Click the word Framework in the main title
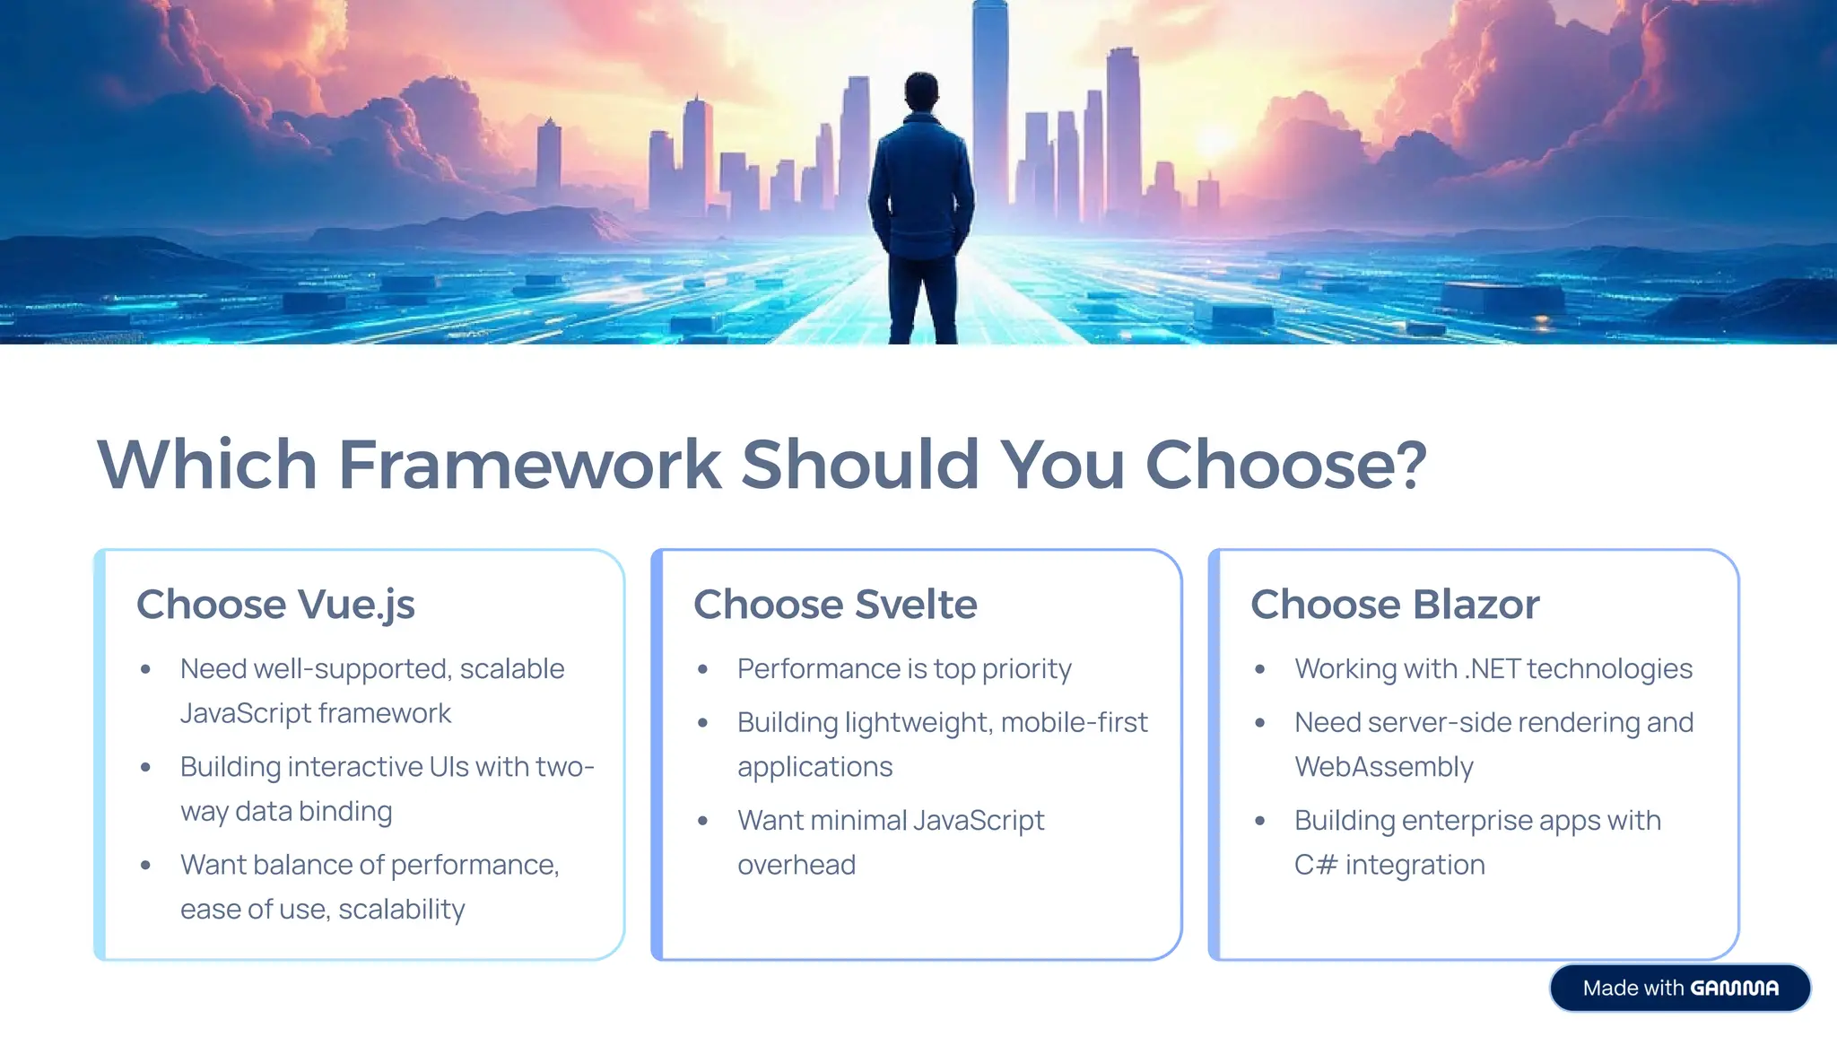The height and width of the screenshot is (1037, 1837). coord(529,465)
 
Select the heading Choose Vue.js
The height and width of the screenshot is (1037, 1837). coord(275,605)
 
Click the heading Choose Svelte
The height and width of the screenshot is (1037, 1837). coord(835,605)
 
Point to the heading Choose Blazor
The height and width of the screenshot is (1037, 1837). coord(1395,605)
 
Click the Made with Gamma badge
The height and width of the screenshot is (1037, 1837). coord(1680,988)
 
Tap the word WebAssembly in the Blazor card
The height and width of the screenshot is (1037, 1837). coord(1383,767)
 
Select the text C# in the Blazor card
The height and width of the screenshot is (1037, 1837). coord(1315,865)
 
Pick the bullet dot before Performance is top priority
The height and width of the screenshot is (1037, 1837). coord(703,669)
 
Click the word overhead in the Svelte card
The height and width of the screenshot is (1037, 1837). coord(797,865)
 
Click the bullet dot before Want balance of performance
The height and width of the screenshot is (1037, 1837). coord(145,866)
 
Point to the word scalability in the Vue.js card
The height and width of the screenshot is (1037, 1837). coord(402,910)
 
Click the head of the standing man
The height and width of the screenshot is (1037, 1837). coord(921,91)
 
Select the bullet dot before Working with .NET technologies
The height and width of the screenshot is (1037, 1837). coord(1260,669)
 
